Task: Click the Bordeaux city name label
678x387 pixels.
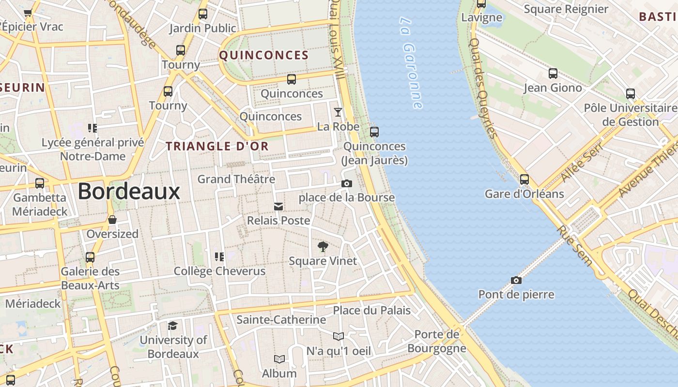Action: [129, 191]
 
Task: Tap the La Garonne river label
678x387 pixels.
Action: [412, 63]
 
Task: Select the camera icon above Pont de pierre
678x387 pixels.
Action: [516, 281]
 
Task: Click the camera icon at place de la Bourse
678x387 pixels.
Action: [347, 184]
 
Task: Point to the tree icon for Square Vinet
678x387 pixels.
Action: [323, 247]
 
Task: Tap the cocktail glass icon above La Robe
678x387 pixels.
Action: [338, 112]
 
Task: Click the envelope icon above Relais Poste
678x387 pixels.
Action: [278, 207]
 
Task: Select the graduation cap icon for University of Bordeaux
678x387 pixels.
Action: [172, 326]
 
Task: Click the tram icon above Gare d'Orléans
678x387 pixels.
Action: [524, 179]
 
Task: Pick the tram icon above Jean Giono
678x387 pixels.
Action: [553, 74]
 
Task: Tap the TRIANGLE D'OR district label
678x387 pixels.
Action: [217, 146]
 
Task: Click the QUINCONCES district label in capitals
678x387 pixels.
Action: [264, 55]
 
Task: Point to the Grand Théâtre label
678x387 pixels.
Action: [236, 179]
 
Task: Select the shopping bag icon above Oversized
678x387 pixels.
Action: [112, 220]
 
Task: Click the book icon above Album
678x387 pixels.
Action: [279, 359]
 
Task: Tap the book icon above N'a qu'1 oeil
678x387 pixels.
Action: [339, 336]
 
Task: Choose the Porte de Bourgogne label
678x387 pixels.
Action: [437, 341]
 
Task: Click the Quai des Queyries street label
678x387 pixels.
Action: [483, 87]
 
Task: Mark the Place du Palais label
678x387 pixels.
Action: [372, 310]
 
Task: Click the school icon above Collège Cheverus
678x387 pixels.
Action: [219, 256]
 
